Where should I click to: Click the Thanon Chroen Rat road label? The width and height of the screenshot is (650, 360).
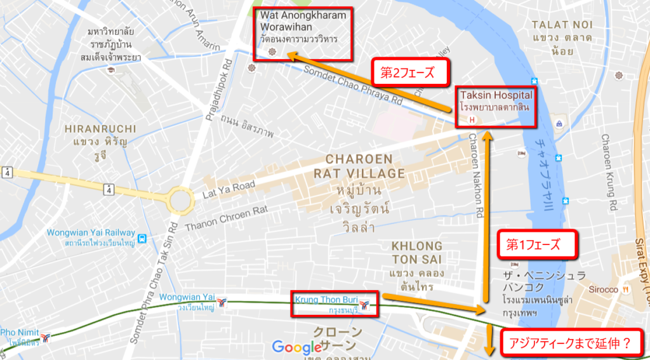(225, 217)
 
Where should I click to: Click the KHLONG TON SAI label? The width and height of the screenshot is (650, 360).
(416, 253)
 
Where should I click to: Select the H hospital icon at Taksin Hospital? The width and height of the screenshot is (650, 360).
(471, 119)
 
